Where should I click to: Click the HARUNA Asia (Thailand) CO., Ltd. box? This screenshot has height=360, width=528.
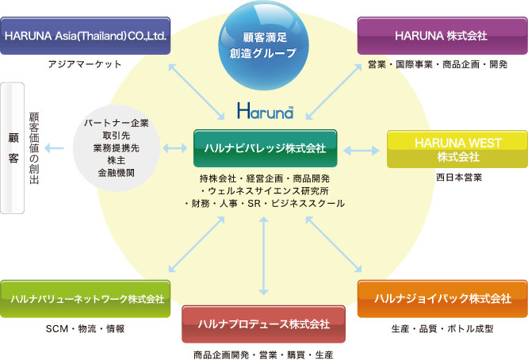pyautogui.click(x=85, y=36)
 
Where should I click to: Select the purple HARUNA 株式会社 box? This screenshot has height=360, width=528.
pyautogui.click(x=442, y=36)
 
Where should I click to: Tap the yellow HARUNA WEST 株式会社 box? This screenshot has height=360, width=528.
pyautogui.click(x=457, y=149)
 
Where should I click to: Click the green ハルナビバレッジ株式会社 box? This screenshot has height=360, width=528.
pyautogui.click(x=266, y=148)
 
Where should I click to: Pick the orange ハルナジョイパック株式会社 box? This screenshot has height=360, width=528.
pyautogui.click(x=442, y=299)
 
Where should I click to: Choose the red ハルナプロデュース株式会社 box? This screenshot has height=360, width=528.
pyautogui.click(x=264, y=324)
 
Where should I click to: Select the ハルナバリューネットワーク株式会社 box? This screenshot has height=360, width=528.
pyautogui.click(x=85, y=299)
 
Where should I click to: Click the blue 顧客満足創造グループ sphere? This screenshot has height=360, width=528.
pyautogui.click(x=264, y=45)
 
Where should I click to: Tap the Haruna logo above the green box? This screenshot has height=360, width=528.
pyautogui.click(x=266, y=110)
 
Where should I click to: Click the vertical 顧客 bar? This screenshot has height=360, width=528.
pyautogui.click(x=13, y=148)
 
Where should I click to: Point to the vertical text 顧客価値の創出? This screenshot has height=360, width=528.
pyautogui.click(x=34, y=148)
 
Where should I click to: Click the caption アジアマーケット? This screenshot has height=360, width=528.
pyautogui.click(x=85, y=64)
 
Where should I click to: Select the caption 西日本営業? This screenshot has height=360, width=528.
pyautogui.click(x=459, y=178)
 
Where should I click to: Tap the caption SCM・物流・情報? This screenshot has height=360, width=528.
pyautogui.click(x=85, y=329)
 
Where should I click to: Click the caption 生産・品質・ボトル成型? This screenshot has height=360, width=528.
pyautogui.click(x=442, y=329)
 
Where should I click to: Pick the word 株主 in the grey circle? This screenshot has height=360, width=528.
pyautogui.click(x=117, y=160)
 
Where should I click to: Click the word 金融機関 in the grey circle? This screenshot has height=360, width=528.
pyautogui.click(x=117, y=173)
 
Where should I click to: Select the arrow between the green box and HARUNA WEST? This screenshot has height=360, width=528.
pyautogui.click(x=362, y=150)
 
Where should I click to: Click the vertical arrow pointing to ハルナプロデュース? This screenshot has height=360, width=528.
pyautogui.click(x=264, y=256)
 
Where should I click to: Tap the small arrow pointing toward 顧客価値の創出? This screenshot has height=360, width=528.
pyautogui.click(x=54, y=147)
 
